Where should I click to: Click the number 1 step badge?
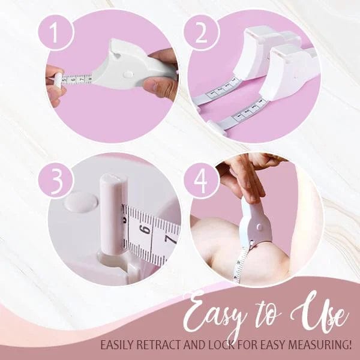pyautogui.click(x=56, y=32)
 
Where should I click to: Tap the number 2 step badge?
pyautogui.click(x=202, y=32)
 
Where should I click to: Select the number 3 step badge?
pyautogui.click(x=56, y=180)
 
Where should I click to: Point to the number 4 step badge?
pyautogui.click(x=202, y=180)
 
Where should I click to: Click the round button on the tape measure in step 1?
pyautogui.click(x=128, y=74)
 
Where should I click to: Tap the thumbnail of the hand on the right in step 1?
pyautogui.click(x=152, y=85)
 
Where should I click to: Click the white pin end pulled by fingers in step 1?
pyautogui.click(x=58, y=80)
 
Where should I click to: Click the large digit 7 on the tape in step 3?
pyautogui.click(x=171, y=239)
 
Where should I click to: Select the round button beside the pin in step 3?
pyautogui.click(x=80, y=202)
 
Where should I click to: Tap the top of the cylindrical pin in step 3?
pyautogui.click(x=113, y=179)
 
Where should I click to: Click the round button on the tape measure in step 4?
pyautogui.click(x=259, y=227)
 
